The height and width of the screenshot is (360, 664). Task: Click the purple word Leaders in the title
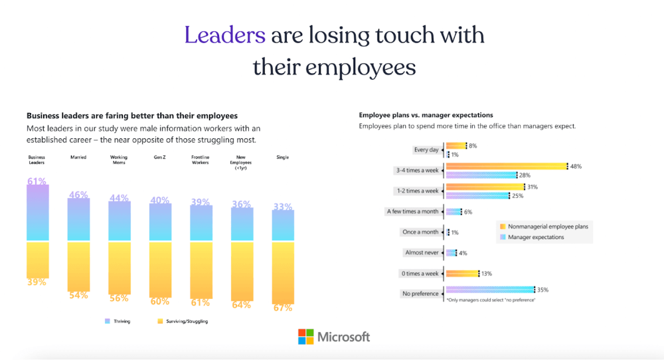pos(225,35)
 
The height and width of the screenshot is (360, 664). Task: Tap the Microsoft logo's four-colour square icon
pos(305,337)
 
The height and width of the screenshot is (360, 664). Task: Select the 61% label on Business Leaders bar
pos(37,181)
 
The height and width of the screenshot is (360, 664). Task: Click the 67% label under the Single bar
pos(283,308)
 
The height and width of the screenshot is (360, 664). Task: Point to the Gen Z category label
pos(160,157)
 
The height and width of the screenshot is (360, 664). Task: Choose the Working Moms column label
pos(119,159)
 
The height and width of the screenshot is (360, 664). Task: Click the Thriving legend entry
pos(120,321)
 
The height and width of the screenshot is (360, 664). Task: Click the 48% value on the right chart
pos(575,167)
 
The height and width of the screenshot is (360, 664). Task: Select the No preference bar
pos(489,290)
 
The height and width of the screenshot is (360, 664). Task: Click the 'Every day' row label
pos(426,150)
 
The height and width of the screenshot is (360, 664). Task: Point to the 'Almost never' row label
pos(422,252)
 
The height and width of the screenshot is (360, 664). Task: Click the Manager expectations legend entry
pos(535,237)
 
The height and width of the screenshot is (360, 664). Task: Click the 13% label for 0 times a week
pos(486,273)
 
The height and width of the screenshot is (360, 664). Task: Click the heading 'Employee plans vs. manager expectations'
pos(426,115)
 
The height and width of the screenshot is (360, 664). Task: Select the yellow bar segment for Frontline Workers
pos(201,269)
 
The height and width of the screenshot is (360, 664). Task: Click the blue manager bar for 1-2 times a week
pos(477,196)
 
